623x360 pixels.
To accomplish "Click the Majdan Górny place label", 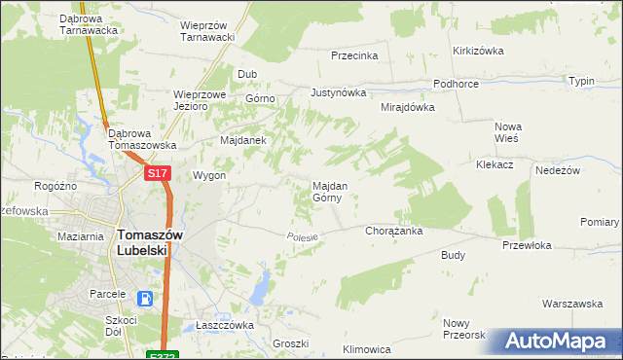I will pyautogui.click(x=326, y=191).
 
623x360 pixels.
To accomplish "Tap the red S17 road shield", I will pyautogui.click(x=158, y=173).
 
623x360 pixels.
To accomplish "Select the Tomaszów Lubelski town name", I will pyautogui.click(x=142, y=241).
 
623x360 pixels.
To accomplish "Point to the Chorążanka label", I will pyautogui.click(x=392, y=232).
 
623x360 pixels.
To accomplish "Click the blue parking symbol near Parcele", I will pyautogui.click(x=145, y=299).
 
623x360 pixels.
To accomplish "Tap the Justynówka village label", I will pyautogui.click(x=337, y=93).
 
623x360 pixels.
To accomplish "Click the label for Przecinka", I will pyautogui.click(x=353, y=56).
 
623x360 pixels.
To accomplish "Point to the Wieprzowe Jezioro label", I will pyautogui.click(x=200, y=101).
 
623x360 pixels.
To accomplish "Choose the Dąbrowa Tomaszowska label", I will pyautogui.click(x=142, y=139).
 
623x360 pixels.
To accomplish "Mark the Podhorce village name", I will pyautogui.click(x=456, y=85).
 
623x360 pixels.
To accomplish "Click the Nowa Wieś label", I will pyautogui.click(x=508, y=132).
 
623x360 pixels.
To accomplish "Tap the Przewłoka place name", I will pyautogui.click(x=527, y=246).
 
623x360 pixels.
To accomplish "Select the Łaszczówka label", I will pyautogui.click(x=225, y=325).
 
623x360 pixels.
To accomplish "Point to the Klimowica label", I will pyautogui.click(x=367, y=348).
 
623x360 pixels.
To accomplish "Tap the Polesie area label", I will pyautogui.click(x=303, y=237).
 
